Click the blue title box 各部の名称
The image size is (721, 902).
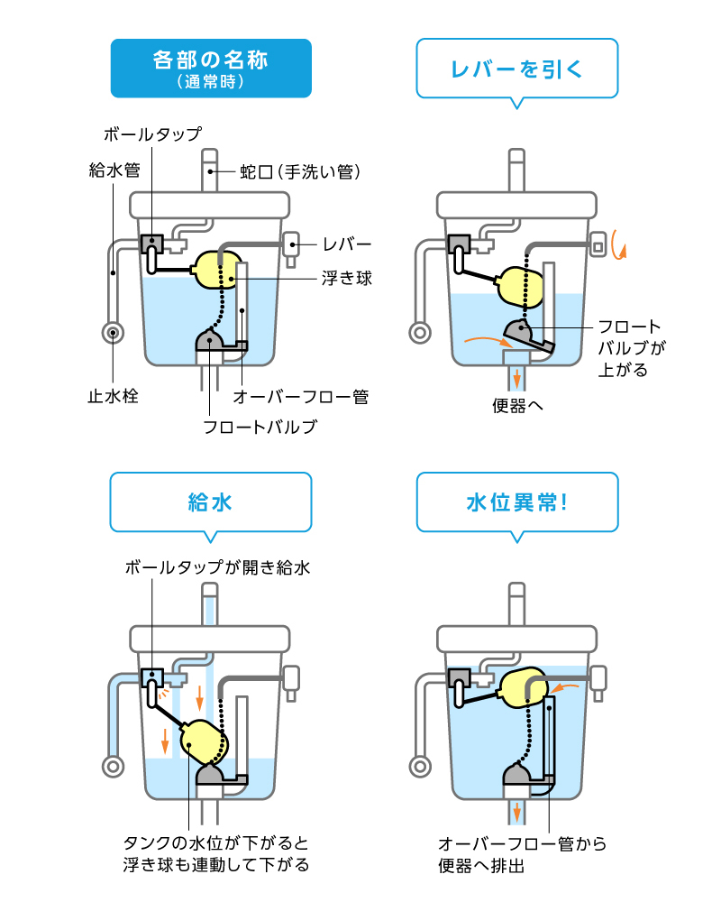(211, 68)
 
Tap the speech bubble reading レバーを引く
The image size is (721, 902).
(517, 68)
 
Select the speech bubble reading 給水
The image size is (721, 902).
(210, 502)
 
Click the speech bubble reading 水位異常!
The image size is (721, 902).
(517, 502)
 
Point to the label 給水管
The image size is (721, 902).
(114, 169)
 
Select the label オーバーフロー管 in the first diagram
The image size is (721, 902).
(301, 396)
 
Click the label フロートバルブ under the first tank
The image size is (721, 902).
(260, 427)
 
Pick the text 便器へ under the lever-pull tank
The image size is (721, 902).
(518, 403)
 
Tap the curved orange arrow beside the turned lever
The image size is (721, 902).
(617, 244)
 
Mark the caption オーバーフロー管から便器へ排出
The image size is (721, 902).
(521, 854)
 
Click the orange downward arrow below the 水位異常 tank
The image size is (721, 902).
(517, 812)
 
